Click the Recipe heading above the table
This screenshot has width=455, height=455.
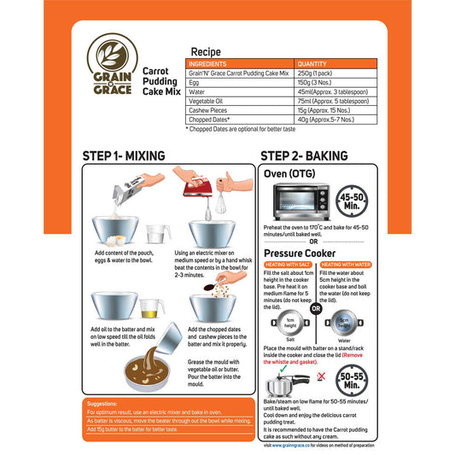[x=206, y=52]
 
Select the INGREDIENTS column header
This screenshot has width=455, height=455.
[x=207, y=64]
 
